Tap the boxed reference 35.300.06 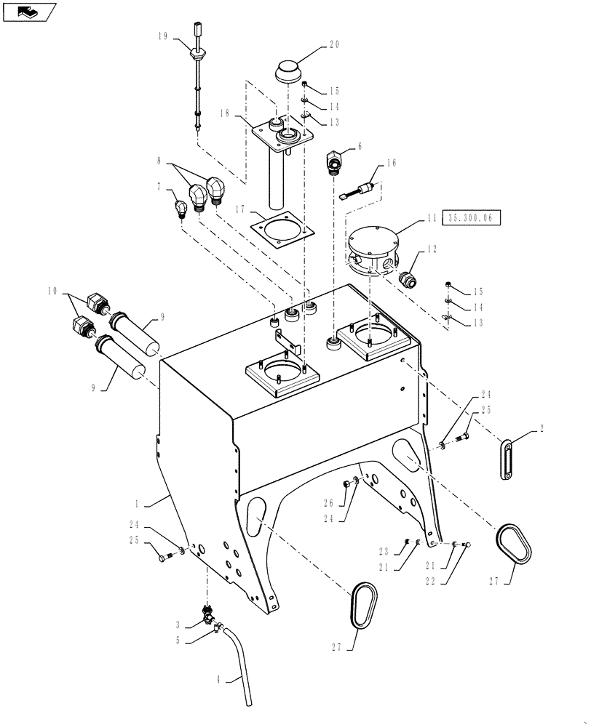(475, 216)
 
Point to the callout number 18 (223, 114)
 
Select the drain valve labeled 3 (207, 615)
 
